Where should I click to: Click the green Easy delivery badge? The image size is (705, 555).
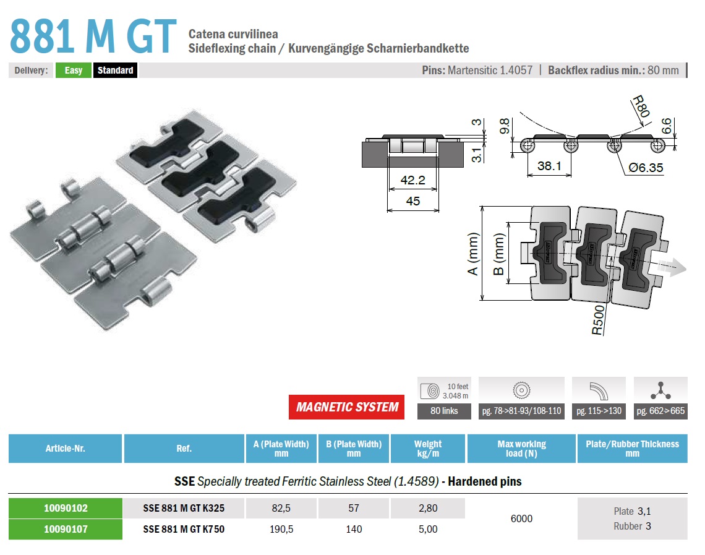(x=74, y=70)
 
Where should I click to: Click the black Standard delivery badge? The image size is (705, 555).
(x=115, y=70)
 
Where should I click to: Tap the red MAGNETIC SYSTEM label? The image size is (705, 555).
(x=347, y=407)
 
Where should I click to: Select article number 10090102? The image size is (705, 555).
(x=66, y=508)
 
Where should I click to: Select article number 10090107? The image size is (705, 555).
(x=66, y=530)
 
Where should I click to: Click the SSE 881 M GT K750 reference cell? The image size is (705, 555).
(x=184, y=530)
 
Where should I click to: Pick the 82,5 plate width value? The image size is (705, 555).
(x=281, y=508)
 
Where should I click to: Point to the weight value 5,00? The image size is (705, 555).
(x=427, y=530)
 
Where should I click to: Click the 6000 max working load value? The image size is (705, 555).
(x=521, y=518)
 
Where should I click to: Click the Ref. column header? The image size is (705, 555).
(x=184, y=449)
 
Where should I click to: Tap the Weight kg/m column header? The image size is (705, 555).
(x=427, y=449)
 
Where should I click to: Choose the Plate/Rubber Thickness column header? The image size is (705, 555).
(x=632, y=449)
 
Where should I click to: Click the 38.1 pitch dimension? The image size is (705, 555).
(x=549, y=166)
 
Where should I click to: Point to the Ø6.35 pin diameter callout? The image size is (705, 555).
(x=646, y=168)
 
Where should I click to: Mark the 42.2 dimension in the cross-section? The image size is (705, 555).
(x=412, y=180)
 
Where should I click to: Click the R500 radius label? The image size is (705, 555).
(x=598, y=320)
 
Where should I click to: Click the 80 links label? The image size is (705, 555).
(x=444, y=411)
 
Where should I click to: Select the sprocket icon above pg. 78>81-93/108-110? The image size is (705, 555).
(x=521, y=390)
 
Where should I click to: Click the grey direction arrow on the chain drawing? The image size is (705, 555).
(x=672, y=267)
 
